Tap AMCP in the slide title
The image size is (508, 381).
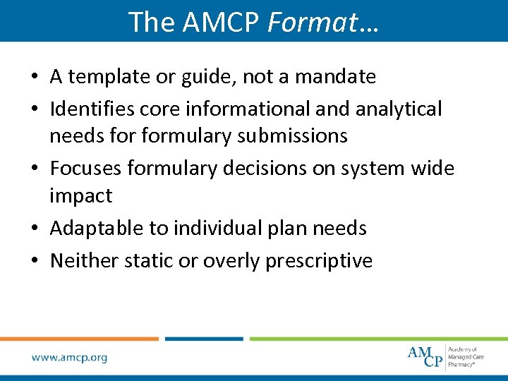pos(222,22)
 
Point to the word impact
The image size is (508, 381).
pos(80,195)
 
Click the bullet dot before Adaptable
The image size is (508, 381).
pos(36,229)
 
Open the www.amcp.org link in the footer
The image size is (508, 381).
pos(69,358)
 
